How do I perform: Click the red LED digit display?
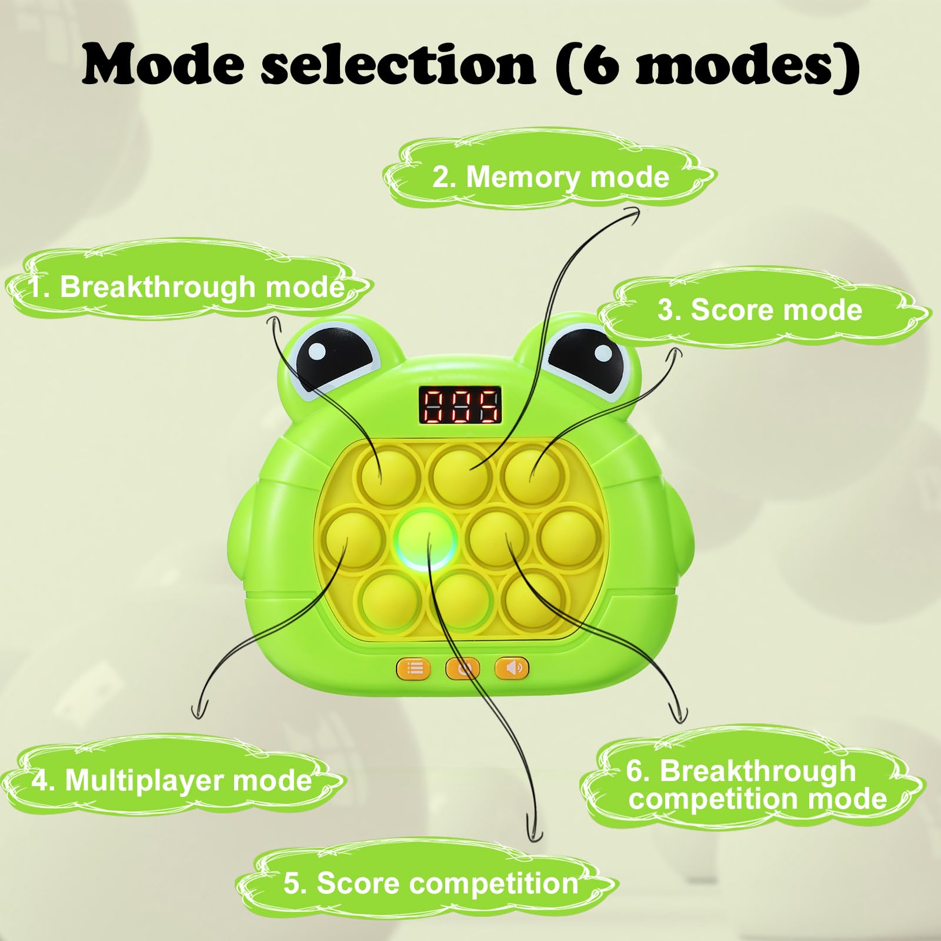pos(460,405)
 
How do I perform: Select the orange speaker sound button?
pos(512,668)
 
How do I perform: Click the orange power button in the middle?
pos(462,669)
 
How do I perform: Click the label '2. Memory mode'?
pos(551,176)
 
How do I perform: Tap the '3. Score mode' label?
pos(759,310)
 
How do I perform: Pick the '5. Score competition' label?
pos(431,883)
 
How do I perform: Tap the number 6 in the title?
pos(600,65)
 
